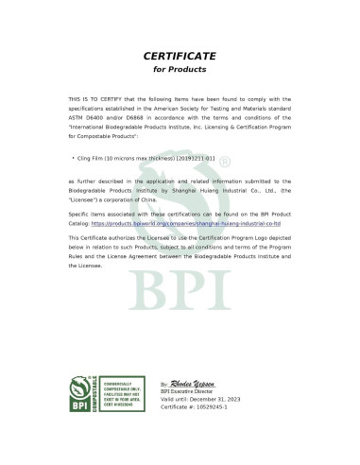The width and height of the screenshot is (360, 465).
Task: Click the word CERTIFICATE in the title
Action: coord(180,56)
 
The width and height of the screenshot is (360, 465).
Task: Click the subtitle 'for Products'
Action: coord(180,70)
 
